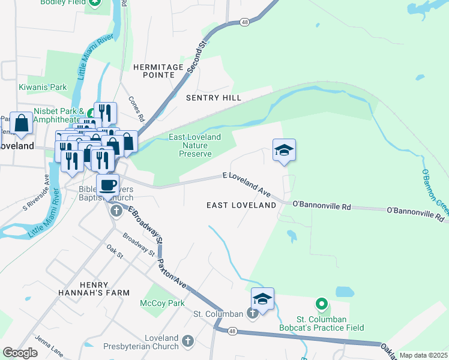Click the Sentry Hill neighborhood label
(x=214, y=98)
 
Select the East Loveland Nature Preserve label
(x=195, y=145)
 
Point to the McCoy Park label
(x=162, y=303)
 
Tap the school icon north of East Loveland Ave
(x=284, y=150)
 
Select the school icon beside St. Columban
(x=262, y=298)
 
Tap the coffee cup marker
(x=107, y=185)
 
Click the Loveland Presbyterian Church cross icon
(x=188, y=341)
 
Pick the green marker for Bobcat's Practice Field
(x=322, y=305)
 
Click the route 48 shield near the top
(x=244, y=22)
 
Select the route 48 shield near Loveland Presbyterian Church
(x=232, y=331)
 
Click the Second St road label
(x=196, y=58)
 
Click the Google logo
(x=20, y=353)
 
